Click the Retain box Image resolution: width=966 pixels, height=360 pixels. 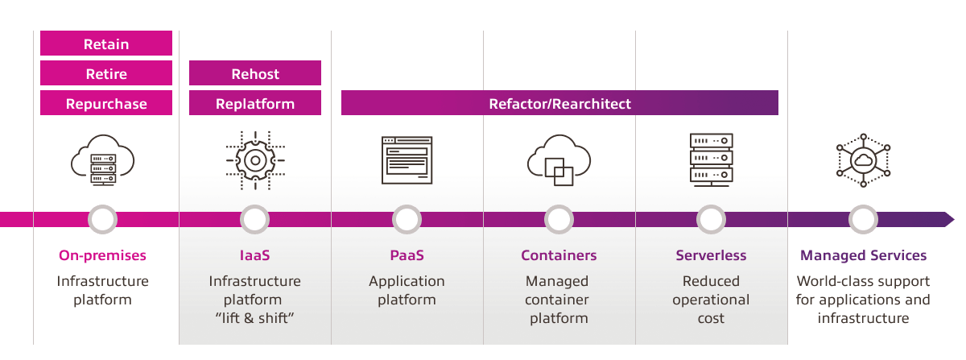[106, 43]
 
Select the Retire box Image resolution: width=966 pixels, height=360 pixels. [106, 73]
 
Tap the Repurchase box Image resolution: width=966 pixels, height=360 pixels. [106, 103]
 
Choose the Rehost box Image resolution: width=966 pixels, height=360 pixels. [255, 73]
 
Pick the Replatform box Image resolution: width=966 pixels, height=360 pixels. [255, 103]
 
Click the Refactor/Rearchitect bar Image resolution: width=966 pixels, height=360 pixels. [559, 103]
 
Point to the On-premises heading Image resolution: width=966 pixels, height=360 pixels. [102, 255]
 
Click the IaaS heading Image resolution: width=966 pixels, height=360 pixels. [254, 255]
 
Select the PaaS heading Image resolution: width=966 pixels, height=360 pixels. [407, 255]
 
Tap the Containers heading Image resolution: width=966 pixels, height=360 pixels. [559, 255]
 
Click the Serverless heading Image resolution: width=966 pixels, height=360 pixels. [711, 255]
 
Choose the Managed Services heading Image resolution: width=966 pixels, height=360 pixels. [863, 255]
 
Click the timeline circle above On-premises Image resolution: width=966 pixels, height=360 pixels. [102, 219]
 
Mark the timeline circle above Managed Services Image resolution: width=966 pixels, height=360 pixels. [863, 219]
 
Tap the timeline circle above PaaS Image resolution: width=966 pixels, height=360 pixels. [407, 219]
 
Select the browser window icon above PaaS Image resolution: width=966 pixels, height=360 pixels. [407, 160]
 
